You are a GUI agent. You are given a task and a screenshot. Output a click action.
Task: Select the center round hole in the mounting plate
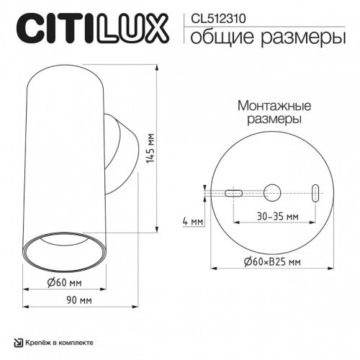click(x=273, y=192)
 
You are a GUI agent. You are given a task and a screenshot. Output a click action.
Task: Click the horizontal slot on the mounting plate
click(x=233, y=193)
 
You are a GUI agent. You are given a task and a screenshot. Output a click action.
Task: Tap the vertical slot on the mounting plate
click(x=315, y=192)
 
